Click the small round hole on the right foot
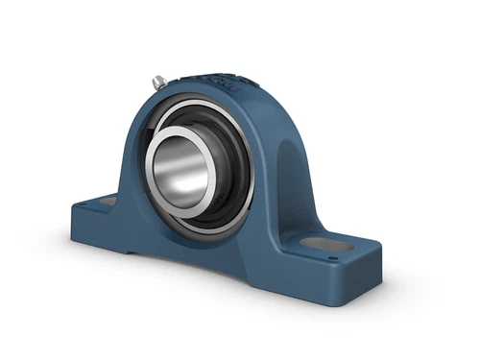tap(333, 256)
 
